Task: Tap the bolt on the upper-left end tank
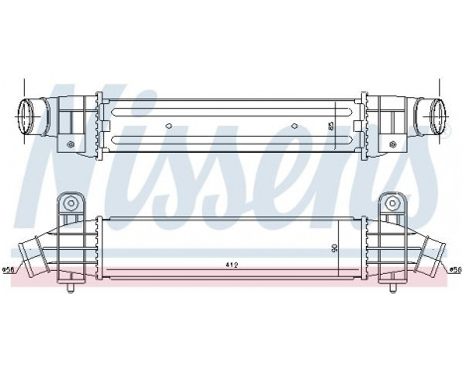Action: [x=70, y=145]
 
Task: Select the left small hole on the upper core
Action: [x=169, y=126]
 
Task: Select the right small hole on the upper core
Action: [x=295, y=126]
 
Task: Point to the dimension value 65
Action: [x=331, y=127]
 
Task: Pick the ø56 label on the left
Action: [x=9, y=269]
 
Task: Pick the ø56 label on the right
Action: [x=455, y=269]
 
